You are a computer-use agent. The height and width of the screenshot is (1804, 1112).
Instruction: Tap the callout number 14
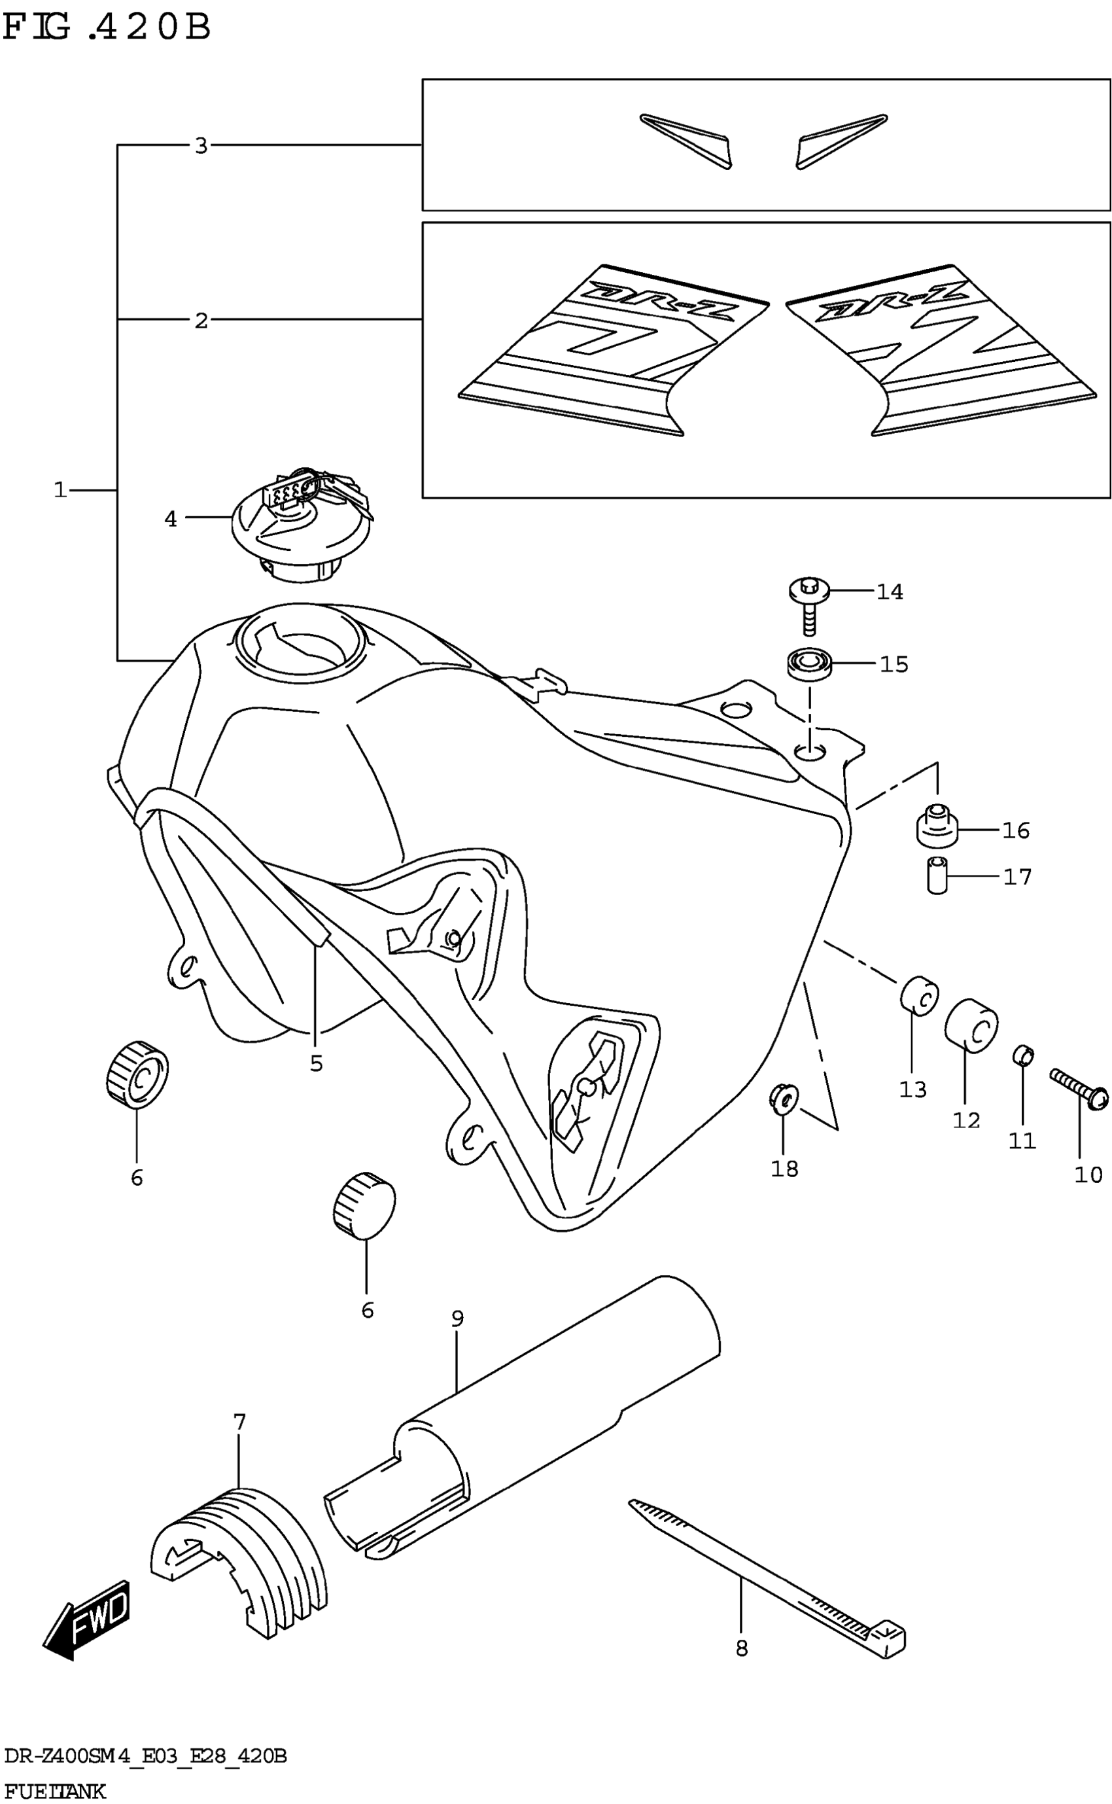point(889,592)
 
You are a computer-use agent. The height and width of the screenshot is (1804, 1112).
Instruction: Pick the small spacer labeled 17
point(936,875)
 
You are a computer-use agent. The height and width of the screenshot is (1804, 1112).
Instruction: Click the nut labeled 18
point(782,1099)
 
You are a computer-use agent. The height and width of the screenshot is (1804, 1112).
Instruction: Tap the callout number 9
point(457,1318)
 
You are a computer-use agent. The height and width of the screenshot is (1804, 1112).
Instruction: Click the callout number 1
point(60,490)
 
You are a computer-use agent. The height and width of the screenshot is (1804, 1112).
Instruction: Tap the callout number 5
point(316,1063)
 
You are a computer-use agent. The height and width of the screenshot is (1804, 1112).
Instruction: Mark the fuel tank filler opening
point(298,641)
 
